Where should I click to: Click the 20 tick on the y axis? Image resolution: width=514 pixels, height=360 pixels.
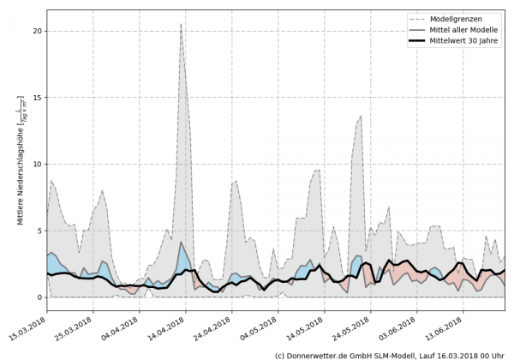pyautogui.click(x=37, y=31)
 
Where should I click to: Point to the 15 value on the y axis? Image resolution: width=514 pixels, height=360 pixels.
pyautogui.click(x=37, y=98)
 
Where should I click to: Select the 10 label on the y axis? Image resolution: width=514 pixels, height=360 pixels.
pyautogui.click(x=37, y=164)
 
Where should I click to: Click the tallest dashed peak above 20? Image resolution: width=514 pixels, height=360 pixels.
pyautogui.click(x=181, y=24)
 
